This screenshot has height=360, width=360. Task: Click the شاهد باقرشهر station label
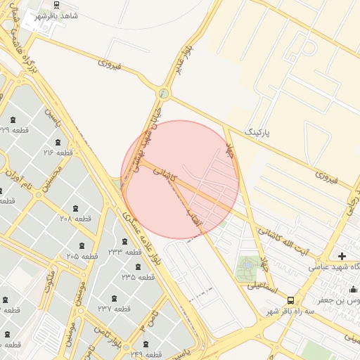59,15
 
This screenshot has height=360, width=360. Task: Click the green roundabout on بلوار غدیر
164,92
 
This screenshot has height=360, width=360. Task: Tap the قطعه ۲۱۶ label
58,152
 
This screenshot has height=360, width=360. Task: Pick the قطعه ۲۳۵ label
137,277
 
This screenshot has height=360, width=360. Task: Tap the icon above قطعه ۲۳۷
114,297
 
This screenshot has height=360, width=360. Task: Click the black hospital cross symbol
342,257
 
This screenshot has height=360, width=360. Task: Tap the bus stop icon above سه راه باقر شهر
291,300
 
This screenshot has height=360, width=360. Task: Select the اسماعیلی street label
262,286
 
